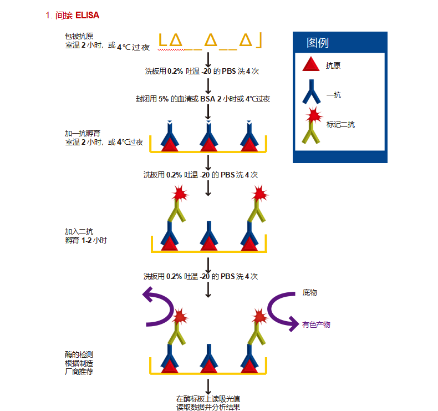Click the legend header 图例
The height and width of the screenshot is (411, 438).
point(318,43)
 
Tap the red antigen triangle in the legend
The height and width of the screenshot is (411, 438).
point(311,64)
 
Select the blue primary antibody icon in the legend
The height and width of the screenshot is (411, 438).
point(312,92)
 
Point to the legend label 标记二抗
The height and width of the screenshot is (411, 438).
point(340,124)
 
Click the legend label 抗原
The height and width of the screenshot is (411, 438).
point(333,65)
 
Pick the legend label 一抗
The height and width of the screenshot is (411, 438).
point(334,95)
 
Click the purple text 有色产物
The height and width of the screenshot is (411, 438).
point(316,324)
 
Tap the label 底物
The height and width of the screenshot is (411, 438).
point(310,292)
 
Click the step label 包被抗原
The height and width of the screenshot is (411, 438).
point(79,36)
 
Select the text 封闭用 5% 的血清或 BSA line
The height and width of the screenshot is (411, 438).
point(203,99)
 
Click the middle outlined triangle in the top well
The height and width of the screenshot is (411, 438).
point(211,40)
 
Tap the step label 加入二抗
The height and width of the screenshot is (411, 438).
point(79,231)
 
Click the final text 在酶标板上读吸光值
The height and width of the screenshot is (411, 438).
point(208,399)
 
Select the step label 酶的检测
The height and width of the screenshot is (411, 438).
point(79,354)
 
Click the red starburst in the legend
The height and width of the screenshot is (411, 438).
point(314,115)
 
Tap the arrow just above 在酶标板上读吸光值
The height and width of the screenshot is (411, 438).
point(208,387)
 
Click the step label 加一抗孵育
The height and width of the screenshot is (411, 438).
point(83,133)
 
